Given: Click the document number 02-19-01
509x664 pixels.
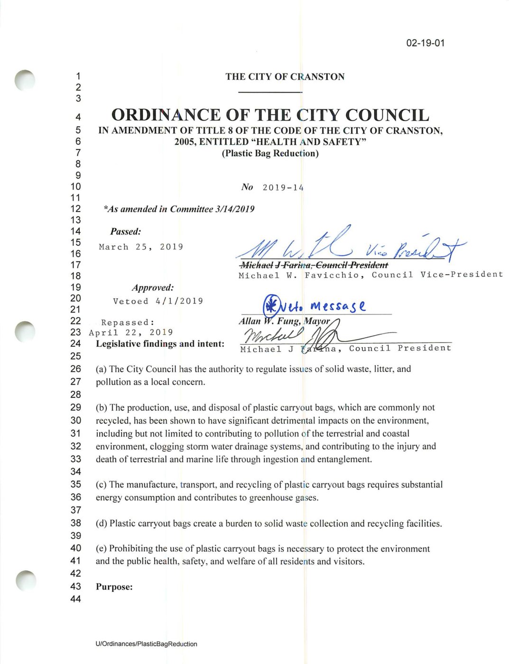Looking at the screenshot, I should click(426, 43).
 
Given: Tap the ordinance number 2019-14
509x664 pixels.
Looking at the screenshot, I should click(283, 187).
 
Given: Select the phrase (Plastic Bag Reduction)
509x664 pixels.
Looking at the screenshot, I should click(270, 153).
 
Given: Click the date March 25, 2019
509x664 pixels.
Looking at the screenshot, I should click(141, 247).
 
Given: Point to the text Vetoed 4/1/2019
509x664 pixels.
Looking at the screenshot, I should click(158, 301).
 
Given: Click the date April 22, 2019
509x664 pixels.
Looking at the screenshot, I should click(131, 332).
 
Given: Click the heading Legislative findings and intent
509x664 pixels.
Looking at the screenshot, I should click(160, 344).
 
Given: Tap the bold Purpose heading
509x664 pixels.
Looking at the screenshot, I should click(114, 587).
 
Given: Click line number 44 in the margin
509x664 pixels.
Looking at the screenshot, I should click(75, 599).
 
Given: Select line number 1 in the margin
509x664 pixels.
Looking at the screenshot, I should click(78, 76).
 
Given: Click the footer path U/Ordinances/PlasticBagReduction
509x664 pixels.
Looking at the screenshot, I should click(146, 644).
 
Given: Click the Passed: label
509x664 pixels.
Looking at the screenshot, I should click(126, 232).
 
